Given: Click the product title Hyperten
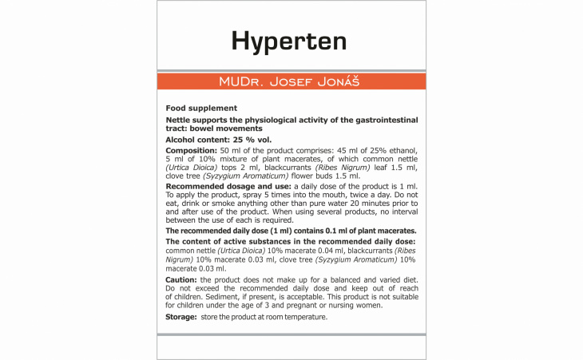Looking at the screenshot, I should click(x=291, y=40).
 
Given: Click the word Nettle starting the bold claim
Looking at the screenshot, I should click(x=179, y=120).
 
